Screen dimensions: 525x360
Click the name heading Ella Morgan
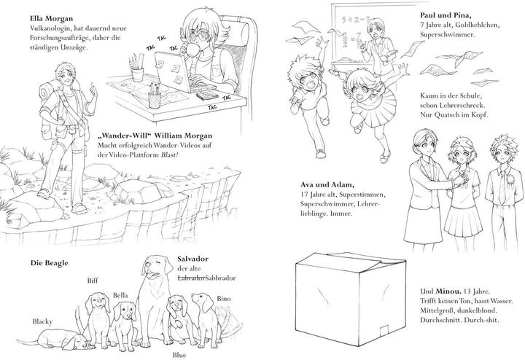click(51, 18)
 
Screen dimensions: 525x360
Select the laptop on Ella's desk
click(181, 73)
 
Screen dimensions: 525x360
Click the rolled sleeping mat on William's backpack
click(47, 92)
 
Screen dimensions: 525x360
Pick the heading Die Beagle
click(50, 263)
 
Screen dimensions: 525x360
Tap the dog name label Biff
click(93, 281)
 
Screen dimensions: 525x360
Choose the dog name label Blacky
click(42, 321)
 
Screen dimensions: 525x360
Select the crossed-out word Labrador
click(191, 278)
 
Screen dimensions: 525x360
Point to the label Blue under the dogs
click(179, 355)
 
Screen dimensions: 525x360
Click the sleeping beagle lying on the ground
click(55, 339)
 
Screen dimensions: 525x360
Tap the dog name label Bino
click(224, 299)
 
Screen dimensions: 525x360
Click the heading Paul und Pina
click(446, 15)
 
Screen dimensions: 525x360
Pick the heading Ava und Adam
click(327, 184)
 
